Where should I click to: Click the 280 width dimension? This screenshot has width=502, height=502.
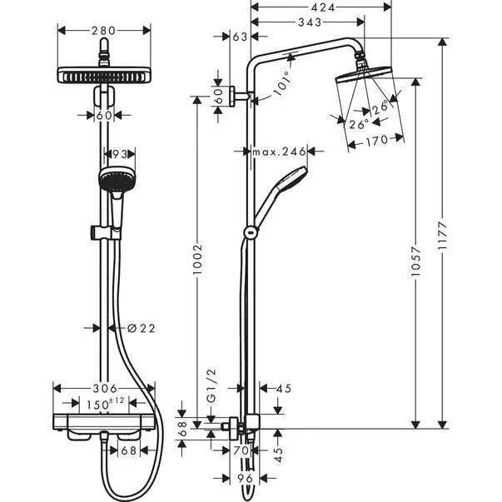tap(104, 31)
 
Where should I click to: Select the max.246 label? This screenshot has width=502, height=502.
tap(279, 152)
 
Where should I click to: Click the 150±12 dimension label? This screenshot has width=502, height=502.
tap(107, 404)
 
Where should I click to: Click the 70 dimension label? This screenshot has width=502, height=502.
tap(241, 450)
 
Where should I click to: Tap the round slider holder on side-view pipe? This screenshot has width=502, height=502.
tap(248, 233)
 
